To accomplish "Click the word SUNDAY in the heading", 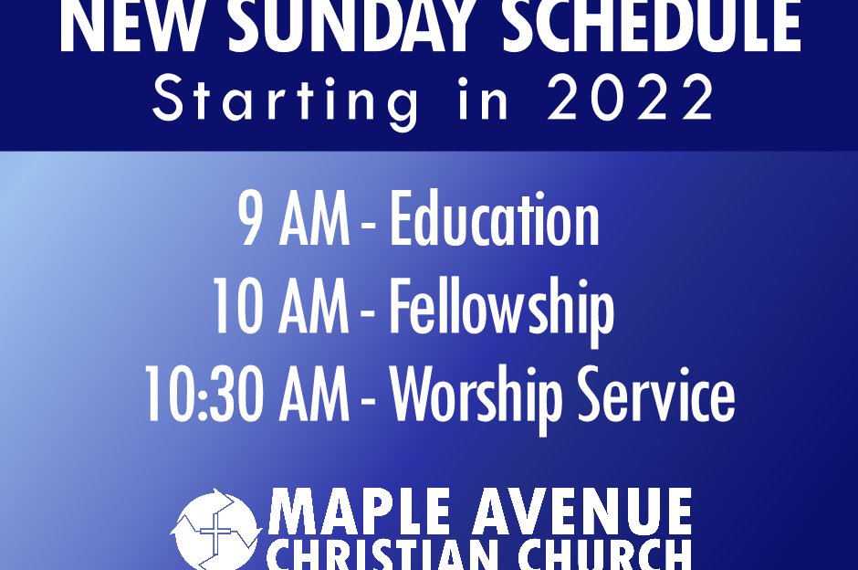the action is click(351, 26).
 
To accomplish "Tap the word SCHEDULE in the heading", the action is click(651, 26).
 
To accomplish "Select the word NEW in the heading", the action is click(129, 26).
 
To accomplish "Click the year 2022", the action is click(631, 98).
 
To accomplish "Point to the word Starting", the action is click(286, 101).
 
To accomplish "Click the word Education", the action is click(495, 218).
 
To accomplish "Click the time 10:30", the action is click(204, 395).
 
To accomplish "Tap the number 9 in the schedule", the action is click(251, 219).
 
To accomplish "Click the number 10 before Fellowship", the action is click(238, 306).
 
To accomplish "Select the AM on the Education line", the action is click(314, 219).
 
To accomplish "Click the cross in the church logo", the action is click(216, 531).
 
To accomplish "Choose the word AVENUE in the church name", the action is click(582, 512).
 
